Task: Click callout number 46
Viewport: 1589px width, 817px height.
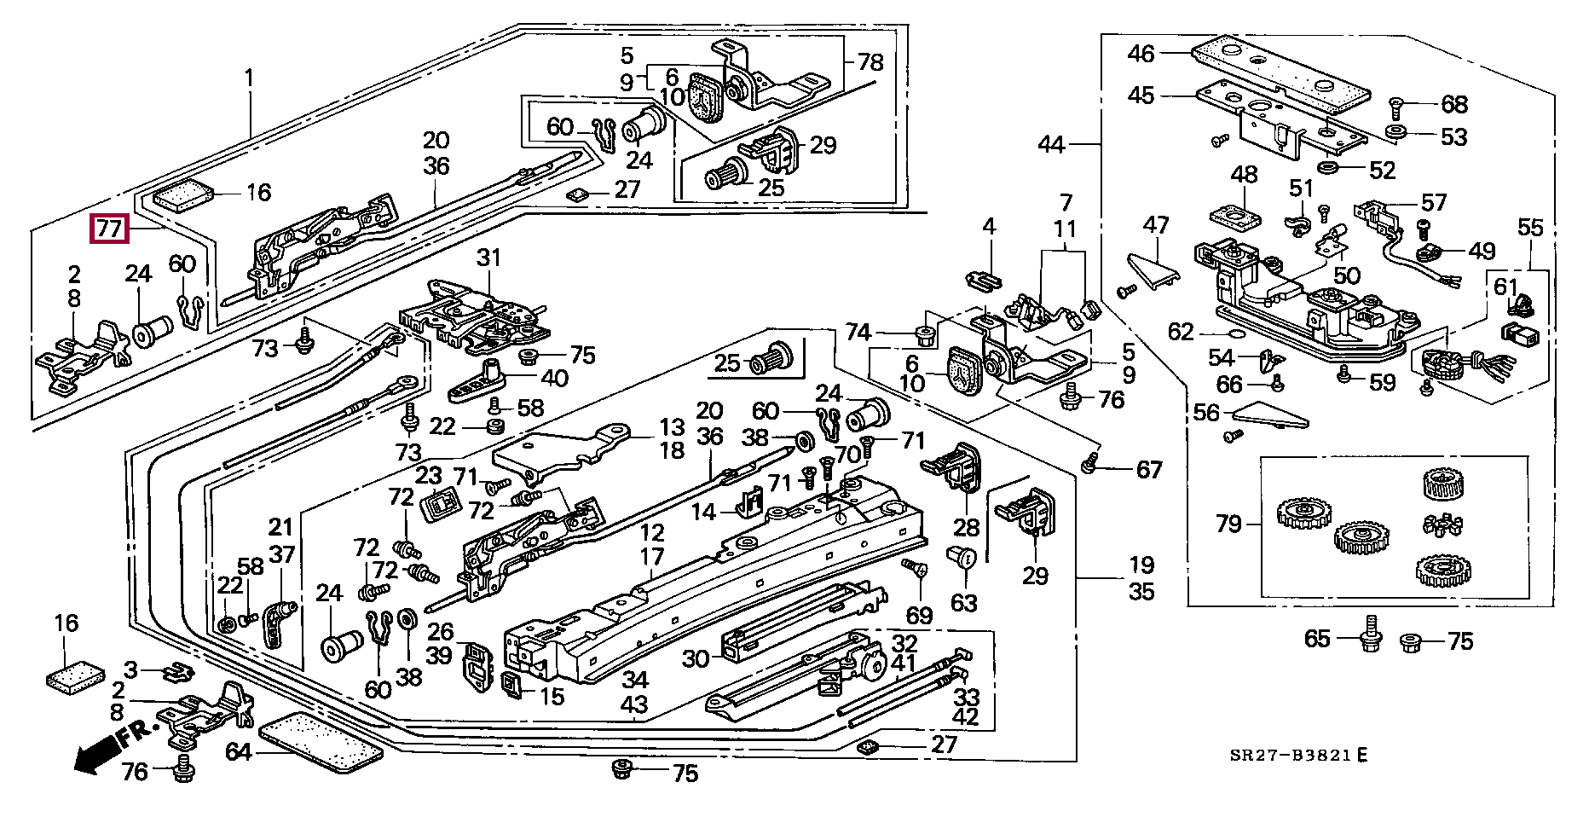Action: (1141, 54)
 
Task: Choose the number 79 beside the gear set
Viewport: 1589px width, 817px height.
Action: (1228, 523)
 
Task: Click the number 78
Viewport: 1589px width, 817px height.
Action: (870, 62)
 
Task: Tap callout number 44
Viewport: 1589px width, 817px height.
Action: (1051, 145)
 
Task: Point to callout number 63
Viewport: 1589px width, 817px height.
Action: (963, 603)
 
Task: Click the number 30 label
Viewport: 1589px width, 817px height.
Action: (696, 658)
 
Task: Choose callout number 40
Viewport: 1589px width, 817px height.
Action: (554, 376)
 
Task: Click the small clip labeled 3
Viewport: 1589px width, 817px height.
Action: (177, 672)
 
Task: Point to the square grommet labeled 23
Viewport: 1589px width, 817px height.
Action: (442, 507)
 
